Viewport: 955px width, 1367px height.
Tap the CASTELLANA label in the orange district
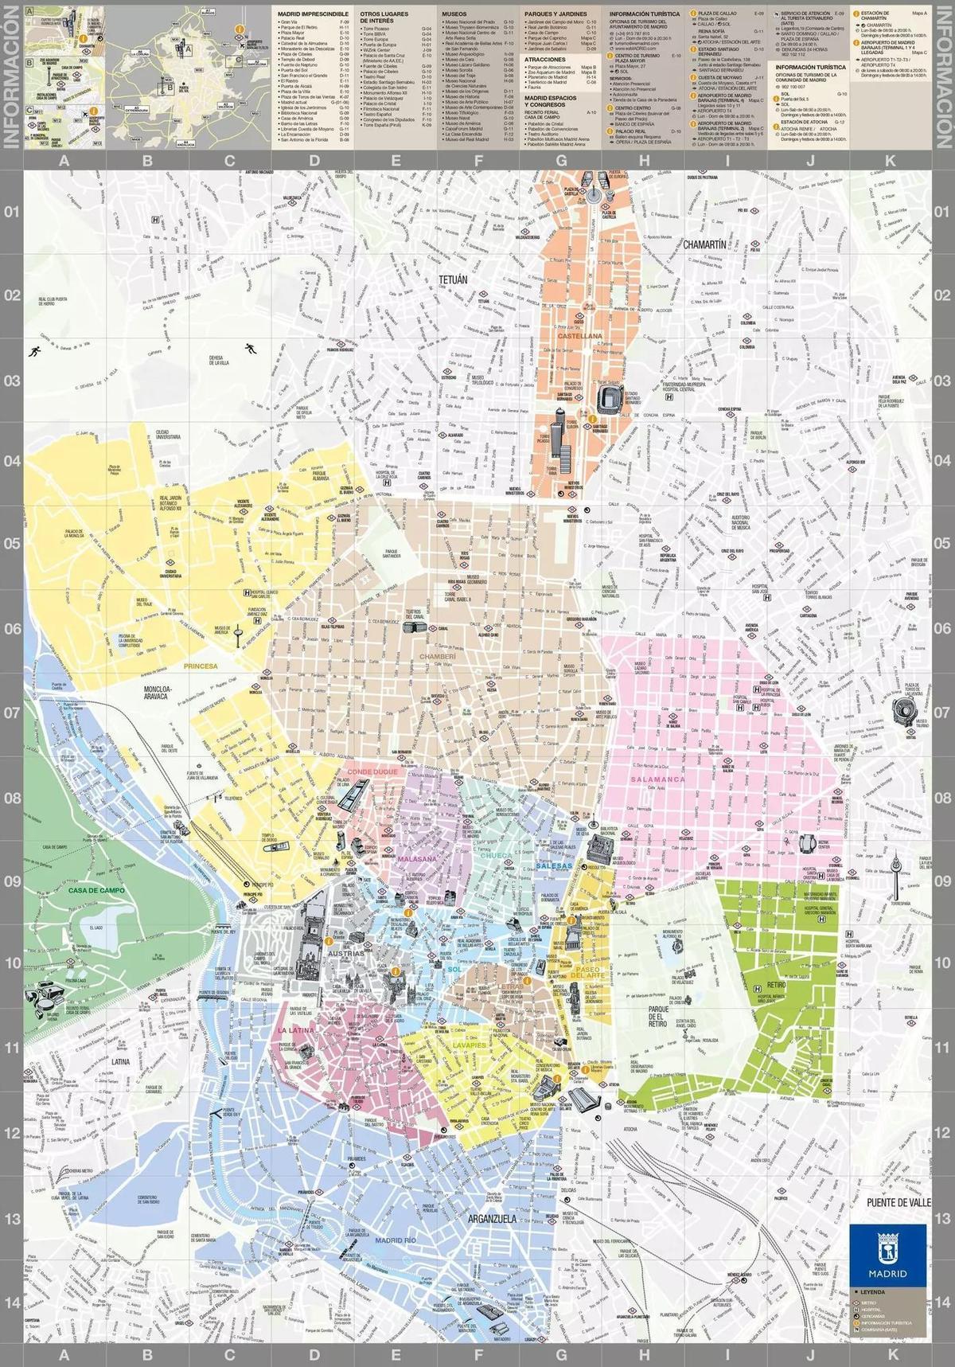[579, 337]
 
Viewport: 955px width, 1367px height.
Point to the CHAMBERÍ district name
[438, 656]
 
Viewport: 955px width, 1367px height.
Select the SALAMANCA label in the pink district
[657, 779]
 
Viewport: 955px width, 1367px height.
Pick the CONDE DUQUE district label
[372, 772]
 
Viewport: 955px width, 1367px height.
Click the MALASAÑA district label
[416, 860]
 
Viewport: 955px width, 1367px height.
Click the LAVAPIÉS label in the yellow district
[467, 1045]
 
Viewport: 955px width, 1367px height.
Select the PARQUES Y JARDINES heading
[556, 14]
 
